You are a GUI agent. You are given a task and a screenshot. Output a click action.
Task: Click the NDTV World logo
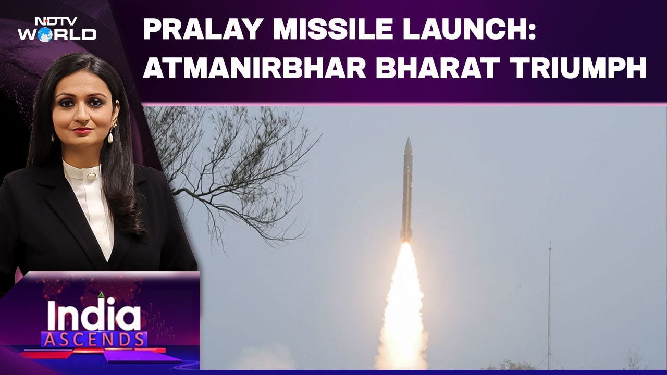click(x=57, y=29)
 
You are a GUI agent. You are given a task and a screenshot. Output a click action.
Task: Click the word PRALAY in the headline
click(x=198, y=30)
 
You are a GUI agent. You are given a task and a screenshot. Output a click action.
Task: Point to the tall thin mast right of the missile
click(x=549, y=302)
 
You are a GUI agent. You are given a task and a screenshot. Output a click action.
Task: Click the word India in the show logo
click(x=94, y=315)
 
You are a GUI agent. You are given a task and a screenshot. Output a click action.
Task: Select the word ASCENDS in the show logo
click(x=94, y=340)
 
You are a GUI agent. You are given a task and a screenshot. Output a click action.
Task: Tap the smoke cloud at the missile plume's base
click(x=401, y=354)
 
